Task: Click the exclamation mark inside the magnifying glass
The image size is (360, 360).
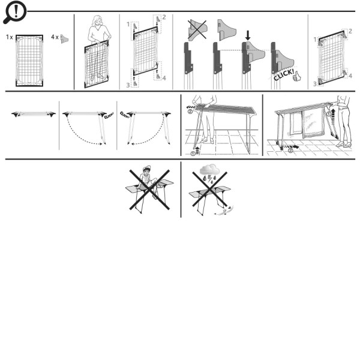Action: tap(16, 11)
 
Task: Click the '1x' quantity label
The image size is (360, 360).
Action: tap(10, 37)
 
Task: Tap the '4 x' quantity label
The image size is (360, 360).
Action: tap(55, 37)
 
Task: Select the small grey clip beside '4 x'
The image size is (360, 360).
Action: tap(64, 39)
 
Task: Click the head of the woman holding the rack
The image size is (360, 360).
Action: tap(97, 20)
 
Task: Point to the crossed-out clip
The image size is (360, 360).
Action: tap(197, 29)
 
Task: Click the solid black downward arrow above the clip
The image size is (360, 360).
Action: tap(248, 35)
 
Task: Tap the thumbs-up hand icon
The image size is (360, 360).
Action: tap(297, 76)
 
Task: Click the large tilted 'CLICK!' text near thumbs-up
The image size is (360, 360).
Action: tap(284, 74)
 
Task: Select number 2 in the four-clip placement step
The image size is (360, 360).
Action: tap(164, 17)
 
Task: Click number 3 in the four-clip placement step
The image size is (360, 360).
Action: tap(128, 85)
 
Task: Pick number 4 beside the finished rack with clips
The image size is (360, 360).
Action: tap(350, 76)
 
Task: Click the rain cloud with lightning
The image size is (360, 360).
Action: tap(209, 173)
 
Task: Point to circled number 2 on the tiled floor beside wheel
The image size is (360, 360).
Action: tap(290, 151)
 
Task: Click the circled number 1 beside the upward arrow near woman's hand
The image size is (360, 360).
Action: tap(329, 113)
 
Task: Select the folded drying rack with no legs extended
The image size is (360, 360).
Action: tap(34, 114)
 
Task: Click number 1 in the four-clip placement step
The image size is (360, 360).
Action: tap(128, 24)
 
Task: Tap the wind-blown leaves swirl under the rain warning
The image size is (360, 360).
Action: tap(224, 211)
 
